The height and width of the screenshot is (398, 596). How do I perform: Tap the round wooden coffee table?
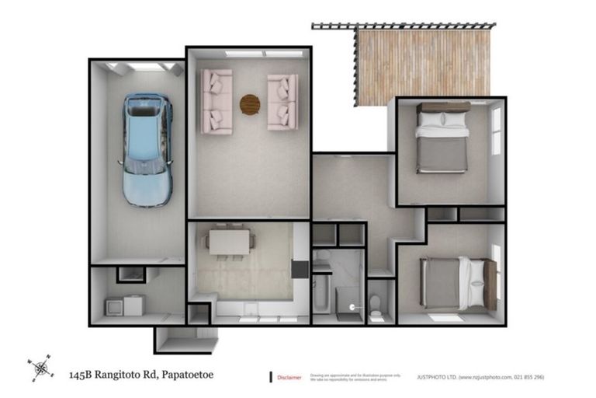click(x=250, y=103)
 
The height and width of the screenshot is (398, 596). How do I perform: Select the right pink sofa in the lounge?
click(x=282, y=101)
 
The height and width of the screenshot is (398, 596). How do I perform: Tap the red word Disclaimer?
click(x=289, y=378)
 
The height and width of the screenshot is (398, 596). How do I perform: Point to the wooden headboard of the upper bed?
click(x=442, y=107)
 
